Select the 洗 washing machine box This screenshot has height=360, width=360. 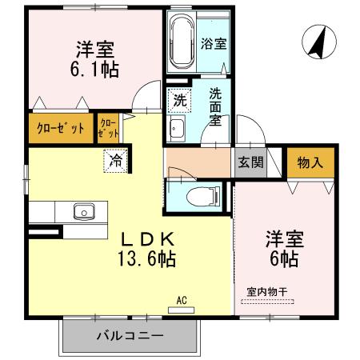[x=178, y=102]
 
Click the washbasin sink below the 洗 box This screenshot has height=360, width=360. [x=178, y=130]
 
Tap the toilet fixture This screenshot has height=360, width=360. [x=196, y=194]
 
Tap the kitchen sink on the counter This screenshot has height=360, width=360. [x=83, y=212]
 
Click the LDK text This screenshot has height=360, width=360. [x=147, y=239]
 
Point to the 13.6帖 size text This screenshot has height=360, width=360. [x=147, y=258]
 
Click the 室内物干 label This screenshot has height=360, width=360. [x=266, y=294]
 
